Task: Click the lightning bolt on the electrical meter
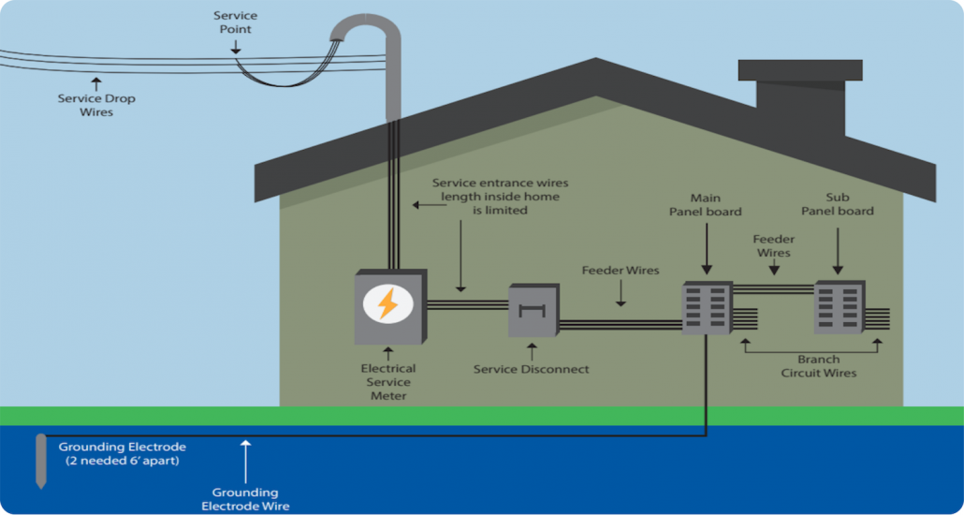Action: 387,303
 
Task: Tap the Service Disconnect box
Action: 532,310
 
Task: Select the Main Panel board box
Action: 706,307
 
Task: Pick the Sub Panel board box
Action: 838,307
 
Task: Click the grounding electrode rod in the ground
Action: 40,460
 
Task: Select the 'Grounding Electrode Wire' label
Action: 245,499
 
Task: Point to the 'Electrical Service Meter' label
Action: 388,382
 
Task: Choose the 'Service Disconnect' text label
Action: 532,369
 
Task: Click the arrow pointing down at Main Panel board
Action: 705,248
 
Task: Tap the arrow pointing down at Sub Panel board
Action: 838,248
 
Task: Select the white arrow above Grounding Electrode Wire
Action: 245,460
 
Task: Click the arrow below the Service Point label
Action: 235,47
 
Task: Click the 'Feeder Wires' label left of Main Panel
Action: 621,271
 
